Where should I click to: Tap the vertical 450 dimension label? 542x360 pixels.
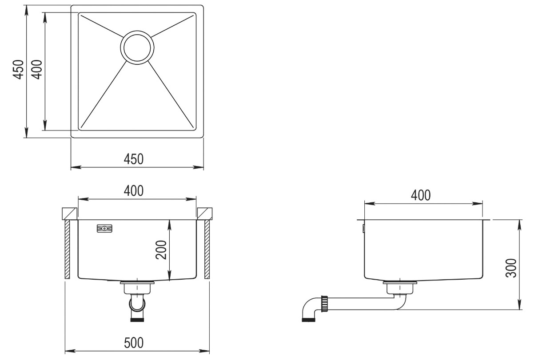tap(18, 70)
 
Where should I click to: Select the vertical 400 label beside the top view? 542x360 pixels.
tap(37, 70)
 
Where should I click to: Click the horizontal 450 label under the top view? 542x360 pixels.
tap(134, 159)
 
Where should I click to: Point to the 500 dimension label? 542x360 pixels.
tap(134, 343)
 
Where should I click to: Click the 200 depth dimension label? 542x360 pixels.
tap(161, 250)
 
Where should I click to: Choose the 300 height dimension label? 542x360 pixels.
tap(511, 268)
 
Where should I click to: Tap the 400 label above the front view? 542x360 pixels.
tap(134, 190)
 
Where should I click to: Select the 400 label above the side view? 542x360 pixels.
tap(421, 195)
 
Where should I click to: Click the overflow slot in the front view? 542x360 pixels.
tap(104, 228)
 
